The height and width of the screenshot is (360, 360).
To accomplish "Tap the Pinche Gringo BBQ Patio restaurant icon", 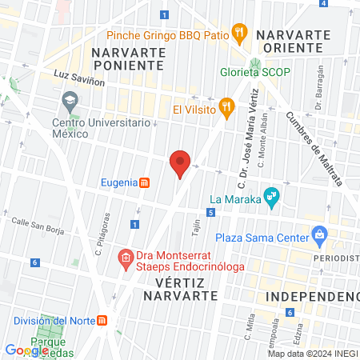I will pyautogui.click(x=238, y=33).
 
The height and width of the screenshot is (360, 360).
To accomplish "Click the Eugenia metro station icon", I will pyautogui.click(x=144, y=182).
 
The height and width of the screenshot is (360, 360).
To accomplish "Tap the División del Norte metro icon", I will pyautogui.click(x=102, y=321).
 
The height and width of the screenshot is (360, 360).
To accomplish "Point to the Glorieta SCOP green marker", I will pyautogui.click(x=254, y=64).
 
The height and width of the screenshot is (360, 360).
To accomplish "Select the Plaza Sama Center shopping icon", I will pyautogui.click(x=320, y=235).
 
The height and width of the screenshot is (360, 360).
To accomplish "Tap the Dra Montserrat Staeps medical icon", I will pyautogui.click(x=125, y=258).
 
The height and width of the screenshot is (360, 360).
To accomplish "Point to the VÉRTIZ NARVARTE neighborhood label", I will pyautogui.click(x=180, y=289).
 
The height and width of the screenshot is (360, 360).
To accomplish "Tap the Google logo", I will pyautogui.click(x=26, y=350).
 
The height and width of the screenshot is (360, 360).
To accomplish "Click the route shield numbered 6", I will pyautogui.click(x=35, y=262).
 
